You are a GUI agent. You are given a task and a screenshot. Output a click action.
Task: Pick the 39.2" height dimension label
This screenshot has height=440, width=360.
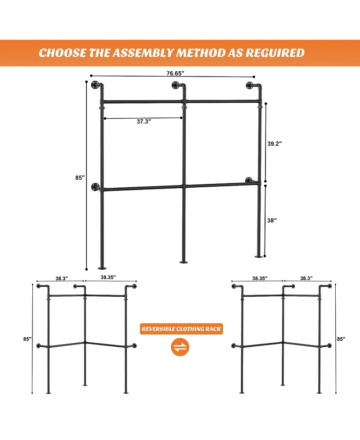274,144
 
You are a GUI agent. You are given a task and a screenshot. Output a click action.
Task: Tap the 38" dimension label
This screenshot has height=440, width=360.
272,220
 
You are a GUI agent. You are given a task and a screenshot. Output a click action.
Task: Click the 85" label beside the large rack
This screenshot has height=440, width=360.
80,178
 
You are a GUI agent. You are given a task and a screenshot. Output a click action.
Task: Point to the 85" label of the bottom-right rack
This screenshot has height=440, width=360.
341,339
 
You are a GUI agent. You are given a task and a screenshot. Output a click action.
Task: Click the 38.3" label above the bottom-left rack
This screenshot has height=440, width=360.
62,278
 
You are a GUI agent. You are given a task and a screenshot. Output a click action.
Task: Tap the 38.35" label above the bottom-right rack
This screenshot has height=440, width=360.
260,278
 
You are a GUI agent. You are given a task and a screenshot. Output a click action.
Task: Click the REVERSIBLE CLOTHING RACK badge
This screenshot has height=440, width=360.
182,329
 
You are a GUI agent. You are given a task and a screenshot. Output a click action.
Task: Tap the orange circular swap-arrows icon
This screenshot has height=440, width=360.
180,347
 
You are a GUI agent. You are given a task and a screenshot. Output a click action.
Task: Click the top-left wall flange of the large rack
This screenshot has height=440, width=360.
95,86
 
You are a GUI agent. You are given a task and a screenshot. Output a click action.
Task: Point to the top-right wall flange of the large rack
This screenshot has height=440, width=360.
250,85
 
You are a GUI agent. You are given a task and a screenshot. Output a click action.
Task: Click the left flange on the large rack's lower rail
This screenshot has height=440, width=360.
95,187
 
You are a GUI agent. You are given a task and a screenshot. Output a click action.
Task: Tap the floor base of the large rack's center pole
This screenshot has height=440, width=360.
184,262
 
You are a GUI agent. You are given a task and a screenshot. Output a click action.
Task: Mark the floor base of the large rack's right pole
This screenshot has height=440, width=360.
259,256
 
